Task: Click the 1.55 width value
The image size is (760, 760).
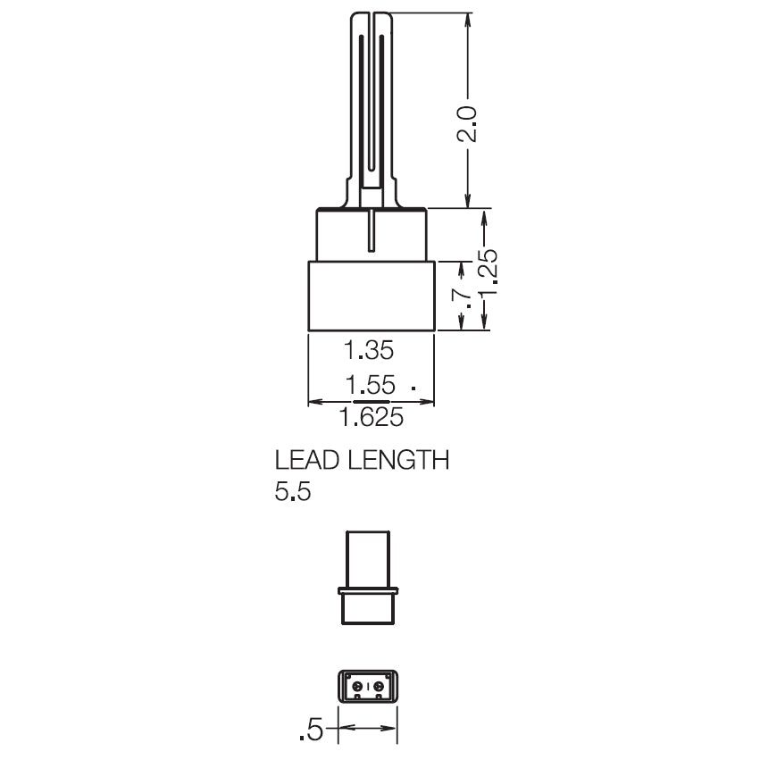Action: pos(371,385)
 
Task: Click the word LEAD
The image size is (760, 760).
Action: pos(307,461)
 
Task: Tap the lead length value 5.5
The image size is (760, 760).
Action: pos(293,492)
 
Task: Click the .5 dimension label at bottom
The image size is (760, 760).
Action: pos(311,730)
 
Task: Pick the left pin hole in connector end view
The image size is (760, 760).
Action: pos(357,686)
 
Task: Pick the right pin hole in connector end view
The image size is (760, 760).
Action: pos(380,686)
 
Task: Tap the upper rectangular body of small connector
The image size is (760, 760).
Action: pos(368,558)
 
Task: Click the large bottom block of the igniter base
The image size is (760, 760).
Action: pos(371,296)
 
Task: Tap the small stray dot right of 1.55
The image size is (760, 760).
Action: pos(413,388)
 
